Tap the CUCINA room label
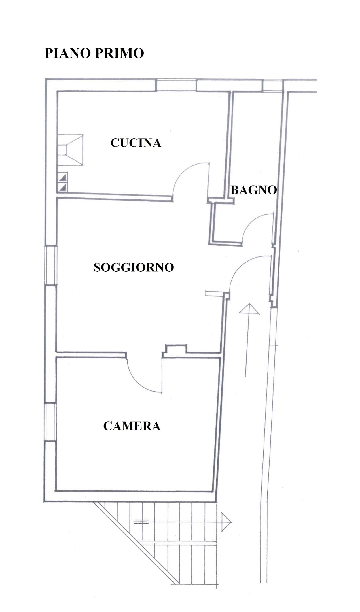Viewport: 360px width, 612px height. [x=136, y=143]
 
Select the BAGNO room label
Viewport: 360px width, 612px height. [x=253, y=190]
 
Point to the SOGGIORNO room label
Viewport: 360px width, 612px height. [x=134, y=267]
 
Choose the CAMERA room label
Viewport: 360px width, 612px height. [x=132, y=426]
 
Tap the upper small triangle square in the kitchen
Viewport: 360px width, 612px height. [x=63, y=178]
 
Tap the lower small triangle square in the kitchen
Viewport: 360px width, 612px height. [x=63, y=187]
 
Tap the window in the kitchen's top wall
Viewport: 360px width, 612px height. [x=176, y=85]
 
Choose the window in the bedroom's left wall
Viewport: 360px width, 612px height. [x=51, y=422]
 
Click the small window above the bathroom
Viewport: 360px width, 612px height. [x=272, y=86]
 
